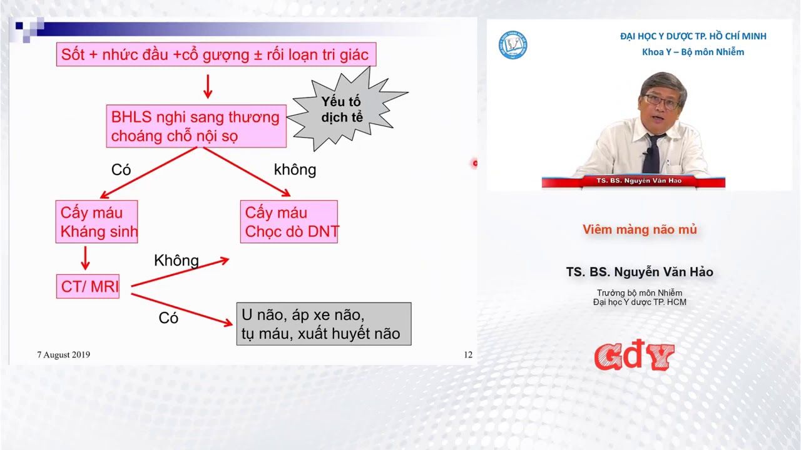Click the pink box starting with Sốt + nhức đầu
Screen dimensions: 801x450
216,54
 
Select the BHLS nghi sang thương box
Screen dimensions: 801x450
196,126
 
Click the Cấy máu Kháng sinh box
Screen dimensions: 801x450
96,222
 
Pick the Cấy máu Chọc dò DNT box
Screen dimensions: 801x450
289,222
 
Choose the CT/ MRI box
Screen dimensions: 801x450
88,286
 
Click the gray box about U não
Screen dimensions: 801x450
324,324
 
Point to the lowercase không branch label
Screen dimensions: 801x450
295,169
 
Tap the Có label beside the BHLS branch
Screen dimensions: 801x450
121,169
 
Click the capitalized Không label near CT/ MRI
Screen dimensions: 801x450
176,261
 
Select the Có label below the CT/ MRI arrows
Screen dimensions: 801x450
168,318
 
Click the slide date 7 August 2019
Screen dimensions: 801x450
64,354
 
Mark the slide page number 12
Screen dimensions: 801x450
468,354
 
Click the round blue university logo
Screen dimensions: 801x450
513,45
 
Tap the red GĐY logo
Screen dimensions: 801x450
635,356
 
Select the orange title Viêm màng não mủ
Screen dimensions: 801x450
640,229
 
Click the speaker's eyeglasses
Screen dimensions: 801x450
661,101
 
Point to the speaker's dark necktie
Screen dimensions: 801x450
653,154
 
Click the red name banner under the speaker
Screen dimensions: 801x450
634,181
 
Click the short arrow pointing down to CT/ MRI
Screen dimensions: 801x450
85,258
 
